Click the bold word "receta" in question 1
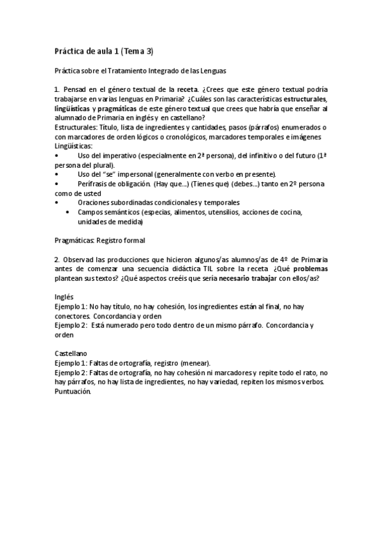[193, 89]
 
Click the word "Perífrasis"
[97, 184]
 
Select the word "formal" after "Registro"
[132, 241]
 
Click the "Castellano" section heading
[70, 353]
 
